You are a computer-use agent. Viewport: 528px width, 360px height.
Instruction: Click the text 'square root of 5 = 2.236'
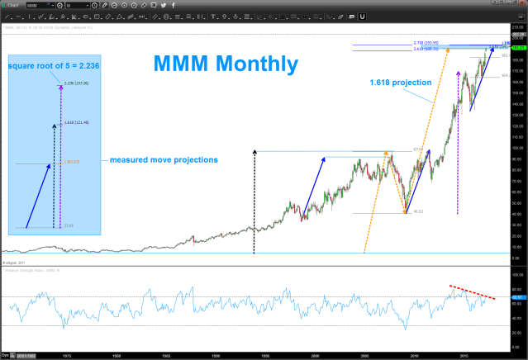click(55, 65)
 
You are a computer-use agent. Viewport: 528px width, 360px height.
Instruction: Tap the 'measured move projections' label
click(164, 159)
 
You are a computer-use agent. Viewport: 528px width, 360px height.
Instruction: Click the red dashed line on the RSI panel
click(473, 291)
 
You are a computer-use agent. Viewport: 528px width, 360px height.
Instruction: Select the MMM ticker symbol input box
click(35, 5)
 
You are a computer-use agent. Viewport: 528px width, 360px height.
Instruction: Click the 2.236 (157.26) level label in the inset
click(74, 83)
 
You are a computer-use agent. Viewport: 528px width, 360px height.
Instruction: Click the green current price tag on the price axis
click(518, 49)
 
